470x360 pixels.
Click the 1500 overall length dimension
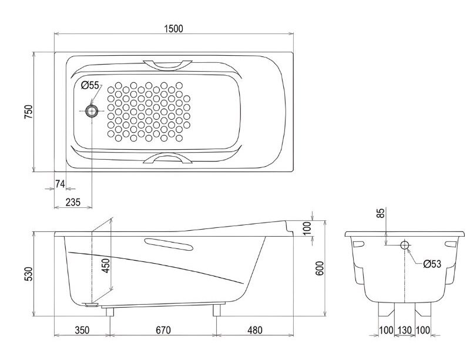(173, 28)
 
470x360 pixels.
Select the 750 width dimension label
(28, 112)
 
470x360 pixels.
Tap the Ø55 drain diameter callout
(90, 85)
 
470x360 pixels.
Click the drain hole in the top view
(92, 111)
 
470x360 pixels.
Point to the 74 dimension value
(60, 184)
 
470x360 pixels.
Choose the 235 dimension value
(73, 203)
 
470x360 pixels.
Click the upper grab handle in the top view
(167, 65)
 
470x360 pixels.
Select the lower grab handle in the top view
(167, 158)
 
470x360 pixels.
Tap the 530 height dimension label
(28, 274)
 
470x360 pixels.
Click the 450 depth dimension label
(106, 265)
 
